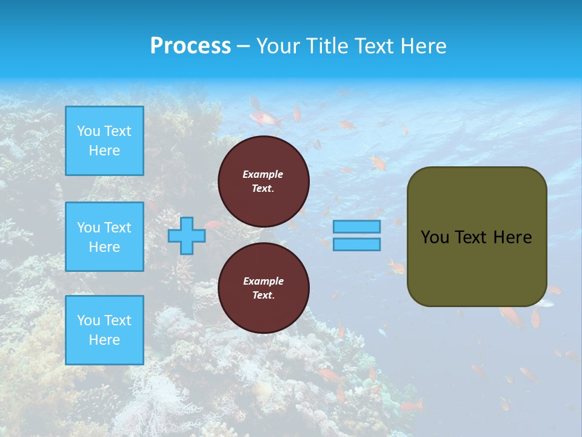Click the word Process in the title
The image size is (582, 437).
[x=190, y=46]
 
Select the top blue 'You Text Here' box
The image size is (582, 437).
[x=104, y=141]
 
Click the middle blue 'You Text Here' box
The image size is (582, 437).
[x=104, y=237]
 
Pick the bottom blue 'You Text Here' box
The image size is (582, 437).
[x=104, y=330]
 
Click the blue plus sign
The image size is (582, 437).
[x=186, y=235]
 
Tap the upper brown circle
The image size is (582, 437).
[x=264, y=181]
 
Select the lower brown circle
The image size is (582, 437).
[x=264, y=288]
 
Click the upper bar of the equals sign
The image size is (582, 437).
[x=357, y=227]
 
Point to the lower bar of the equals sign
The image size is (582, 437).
[x=357, y=245]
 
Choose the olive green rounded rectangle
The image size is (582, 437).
[x=477, y=237]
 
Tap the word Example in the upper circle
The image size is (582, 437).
[x=263, y=174]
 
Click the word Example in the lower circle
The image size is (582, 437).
[x=263, y=281]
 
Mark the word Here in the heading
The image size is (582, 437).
[x=424, y=46]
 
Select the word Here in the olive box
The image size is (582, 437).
[x=512, y=237]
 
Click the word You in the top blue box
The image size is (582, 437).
[x=88, y=131]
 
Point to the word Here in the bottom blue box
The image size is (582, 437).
[x=104, y=340]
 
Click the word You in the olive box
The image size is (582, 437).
[x=435, y=237]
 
